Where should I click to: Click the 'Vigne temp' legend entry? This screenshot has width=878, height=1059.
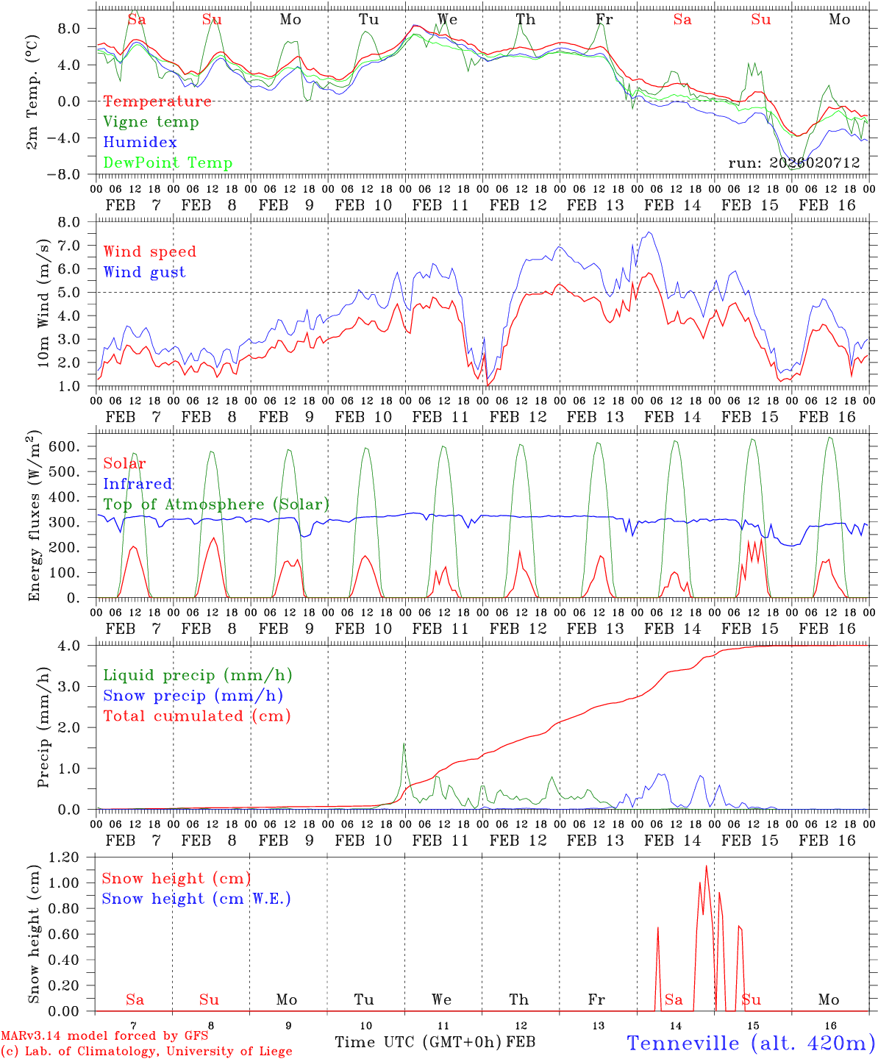[x=151, y=122]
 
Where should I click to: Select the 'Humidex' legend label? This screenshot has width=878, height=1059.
[x=140, y=143]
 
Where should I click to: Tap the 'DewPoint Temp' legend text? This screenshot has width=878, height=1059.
[x=168, y=163]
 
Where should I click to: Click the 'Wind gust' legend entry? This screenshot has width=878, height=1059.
[x=144, y=272]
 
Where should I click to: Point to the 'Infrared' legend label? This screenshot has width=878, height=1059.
[x=138, y=484]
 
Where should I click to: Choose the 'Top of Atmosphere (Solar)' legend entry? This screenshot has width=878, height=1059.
[x=216, y=504]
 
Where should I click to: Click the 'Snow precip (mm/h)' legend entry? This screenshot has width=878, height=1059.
[x=193, y=696]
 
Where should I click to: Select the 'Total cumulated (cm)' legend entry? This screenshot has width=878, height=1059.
[x=197, y=716]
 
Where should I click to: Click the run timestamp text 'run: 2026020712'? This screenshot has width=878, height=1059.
[x=794, y=163]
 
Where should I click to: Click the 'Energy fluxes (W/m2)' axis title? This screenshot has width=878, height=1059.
[x=35, y=517]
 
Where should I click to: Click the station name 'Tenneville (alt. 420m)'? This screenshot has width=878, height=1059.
[x=751, y=1043]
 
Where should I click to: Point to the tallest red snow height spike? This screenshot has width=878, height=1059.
[x=706, y=866]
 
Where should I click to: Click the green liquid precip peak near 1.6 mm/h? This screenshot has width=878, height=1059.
[x=404, y=745]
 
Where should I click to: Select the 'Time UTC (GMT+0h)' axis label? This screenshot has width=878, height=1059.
[x=418, y=1042]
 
